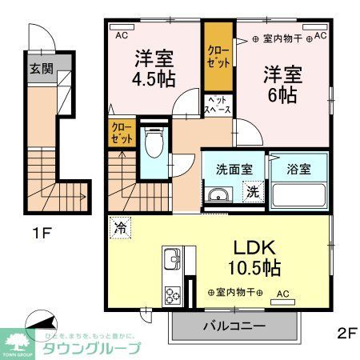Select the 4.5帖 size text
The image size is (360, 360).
[155, 81]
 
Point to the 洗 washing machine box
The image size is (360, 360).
[252, 192]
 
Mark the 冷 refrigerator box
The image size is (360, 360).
[119, 226]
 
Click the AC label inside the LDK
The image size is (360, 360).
[282, 294]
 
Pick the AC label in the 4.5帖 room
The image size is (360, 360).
[122, 37]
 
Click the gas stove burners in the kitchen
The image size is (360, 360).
[172, 294]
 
